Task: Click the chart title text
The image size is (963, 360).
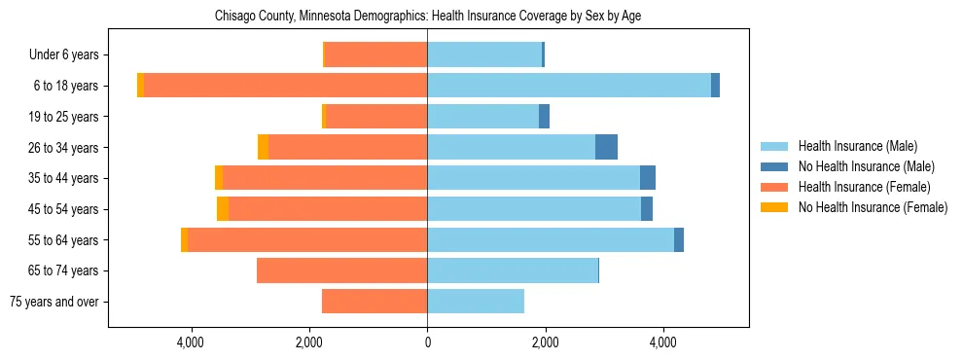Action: [x=427, y=16]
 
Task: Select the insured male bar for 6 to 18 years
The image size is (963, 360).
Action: [x=569, y=86]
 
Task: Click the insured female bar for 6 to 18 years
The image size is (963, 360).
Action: [x=286, y=86]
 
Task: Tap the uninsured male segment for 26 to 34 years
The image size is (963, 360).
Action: [x=606, y=147]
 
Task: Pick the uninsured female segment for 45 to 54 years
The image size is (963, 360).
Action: [x=223, y=209]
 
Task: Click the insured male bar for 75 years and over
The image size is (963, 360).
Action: [x=476, y=302]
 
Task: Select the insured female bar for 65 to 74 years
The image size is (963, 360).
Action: [x=341, y=270]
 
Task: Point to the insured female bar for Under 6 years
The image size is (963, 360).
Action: [x=375, y=54]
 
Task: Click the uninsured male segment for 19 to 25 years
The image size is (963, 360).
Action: [x=544, y=117]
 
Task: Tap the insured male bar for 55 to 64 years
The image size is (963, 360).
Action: [x=551, y=239]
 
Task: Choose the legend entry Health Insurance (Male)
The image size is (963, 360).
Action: [x=857, y=146]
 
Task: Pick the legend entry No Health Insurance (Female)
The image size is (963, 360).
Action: [x=873, y=207]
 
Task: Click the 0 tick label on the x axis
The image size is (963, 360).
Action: [x=427, y=342]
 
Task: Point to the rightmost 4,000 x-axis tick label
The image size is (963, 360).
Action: [x=663, y=342]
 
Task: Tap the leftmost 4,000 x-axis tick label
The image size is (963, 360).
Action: [x=191, y=342]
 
